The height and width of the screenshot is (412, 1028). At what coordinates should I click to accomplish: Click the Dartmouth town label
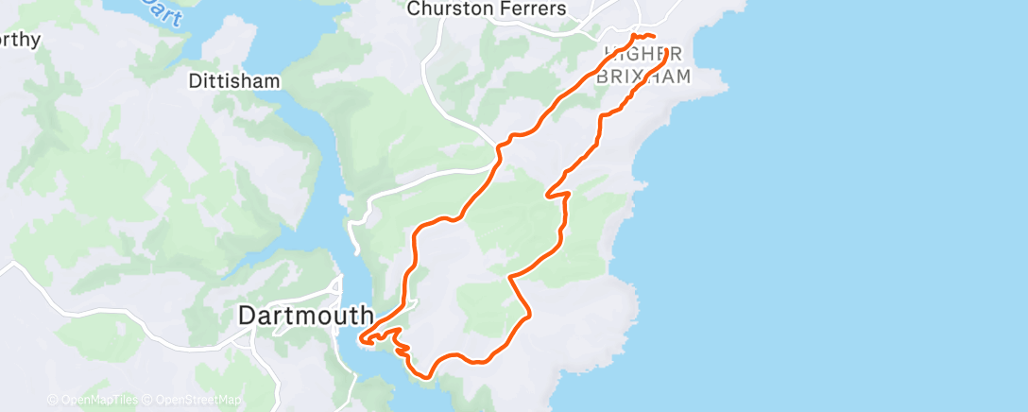click(305, 316)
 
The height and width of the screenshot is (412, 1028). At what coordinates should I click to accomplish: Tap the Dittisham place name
click(234, 81)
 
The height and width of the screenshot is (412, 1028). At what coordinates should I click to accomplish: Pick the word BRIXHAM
click(643, 77)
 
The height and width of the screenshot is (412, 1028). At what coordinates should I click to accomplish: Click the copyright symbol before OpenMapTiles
click(53, 401)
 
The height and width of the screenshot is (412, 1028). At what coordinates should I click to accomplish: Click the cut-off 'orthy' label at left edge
click(21, 40)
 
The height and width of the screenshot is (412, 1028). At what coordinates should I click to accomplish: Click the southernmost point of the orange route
click(427, 376)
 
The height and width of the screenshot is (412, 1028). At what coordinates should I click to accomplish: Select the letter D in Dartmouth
click(247, 316)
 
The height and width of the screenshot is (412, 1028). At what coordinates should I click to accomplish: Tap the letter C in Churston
click(413, 9)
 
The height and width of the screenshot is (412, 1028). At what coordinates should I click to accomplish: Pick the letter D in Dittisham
click(195, 81)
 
